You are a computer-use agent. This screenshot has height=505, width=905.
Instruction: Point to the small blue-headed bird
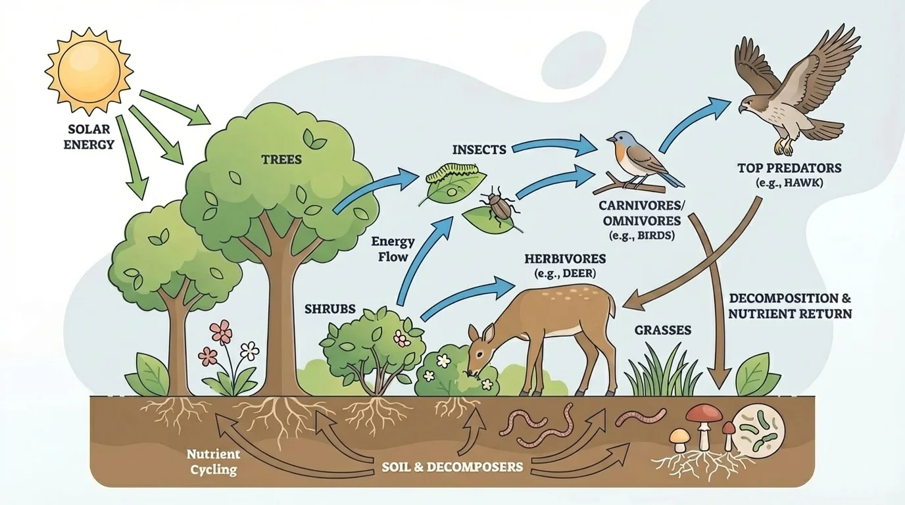tap(637, 158)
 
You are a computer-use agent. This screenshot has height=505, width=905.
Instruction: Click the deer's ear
tap(475, 331)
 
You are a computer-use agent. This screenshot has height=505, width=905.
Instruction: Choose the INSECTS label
tap(479, 149)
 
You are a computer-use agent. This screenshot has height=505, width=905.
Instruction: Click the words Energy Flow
tap(393, 249)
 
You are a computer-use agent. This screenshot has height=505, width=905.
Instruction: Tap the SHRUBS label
tap(330, 308)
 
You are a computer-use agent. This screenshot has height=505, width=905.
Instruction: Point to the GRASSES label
tap(663, 330)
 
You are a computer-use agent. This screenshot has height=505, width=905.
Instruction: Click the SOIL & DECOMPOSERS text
tap(452, 468)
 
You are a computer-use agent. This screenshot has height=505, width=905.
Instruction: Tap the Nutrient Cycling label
tap(212, 462)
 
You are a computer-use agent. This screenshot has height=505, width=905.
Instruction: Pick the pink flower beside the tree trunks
tap(221, 332)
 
